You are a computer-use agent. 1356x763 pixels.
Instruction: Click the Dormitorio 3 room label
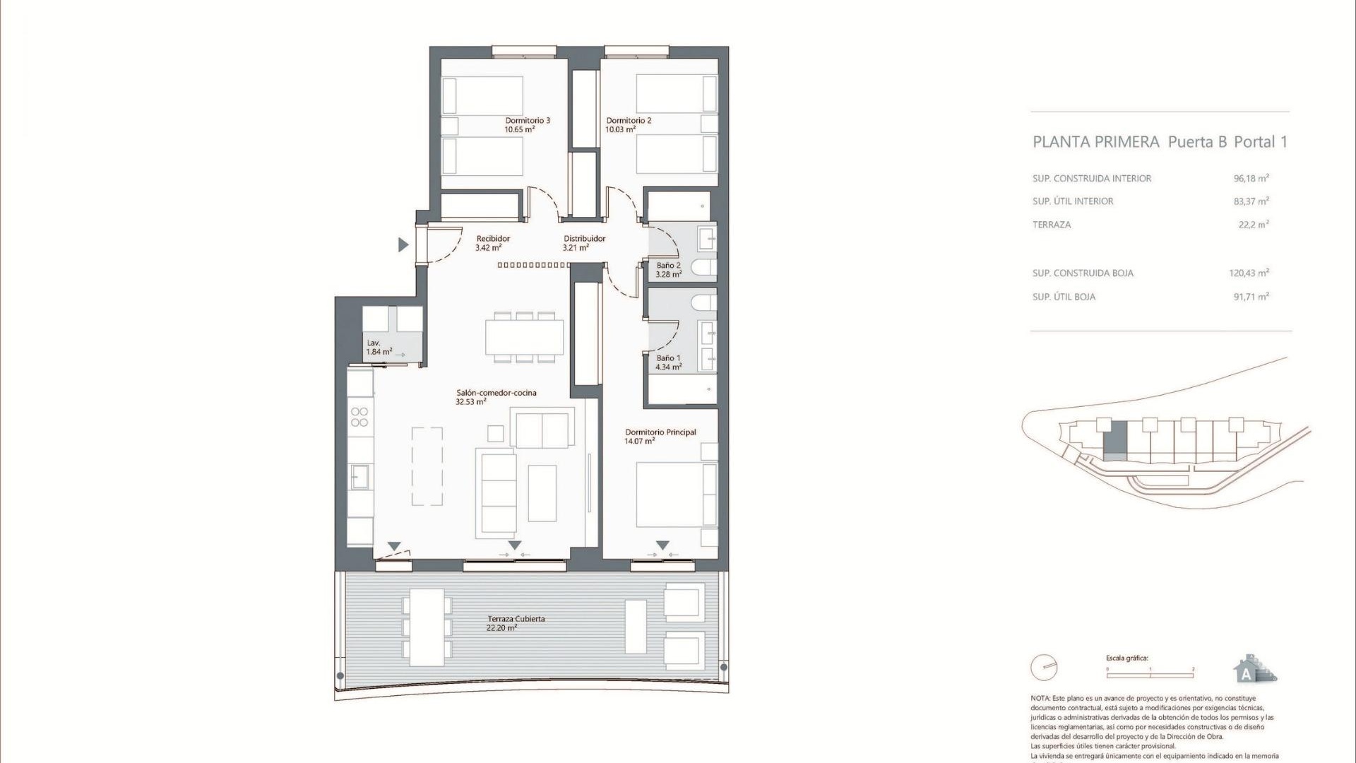pos(527,121)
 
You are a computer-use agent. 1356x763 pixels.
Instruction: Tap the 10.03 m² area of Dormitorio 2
pos(620,130)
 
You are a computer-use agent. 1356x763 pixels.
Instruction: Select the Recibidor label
pos(492,239)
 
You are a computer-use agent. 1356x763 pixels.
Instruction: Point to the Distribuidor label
pos(584,239)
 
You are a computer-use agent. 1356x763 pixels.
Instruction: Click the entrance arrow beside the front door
pos(403,245)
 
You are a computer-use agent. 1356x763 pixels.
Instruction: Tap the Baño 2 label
pos(668,266)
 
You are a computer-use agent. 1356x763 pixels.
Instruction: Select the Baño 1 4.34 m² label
pos(668,363)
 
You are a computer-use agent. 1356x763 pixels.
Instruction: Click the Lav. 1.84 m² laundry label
pos(379,347)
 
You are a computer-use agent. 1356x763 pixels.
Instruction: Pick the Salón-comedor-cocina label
pos(496,393)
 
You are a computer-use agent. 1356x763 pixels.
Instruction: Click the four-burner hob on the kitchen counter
pos(359,417)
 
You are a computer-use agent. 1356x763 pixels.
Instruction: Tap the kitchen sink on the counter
pos(359,477)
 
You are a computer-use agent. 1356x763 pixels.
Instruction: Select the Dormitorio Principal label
pos(660,432)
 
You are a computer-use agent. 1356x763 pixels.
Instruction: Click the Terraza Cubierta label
pos(516,619)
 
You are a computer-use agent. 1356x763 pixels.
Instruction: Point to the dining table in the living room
pos(524,337)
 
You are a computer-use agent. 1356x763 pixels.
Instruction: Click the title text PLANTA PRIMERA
pos(1095,142)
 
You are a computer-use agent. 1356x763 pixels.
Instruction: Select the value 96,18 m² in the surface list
pos(1251,179)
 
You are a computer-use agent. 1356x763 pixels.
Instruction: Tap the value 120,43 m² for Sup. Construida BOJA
pos(1249,273)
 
